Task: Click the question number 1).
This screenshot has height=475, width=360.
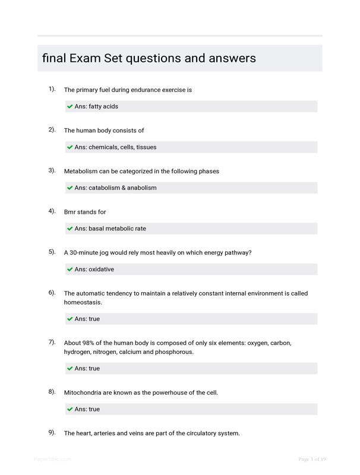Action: click(52, 89)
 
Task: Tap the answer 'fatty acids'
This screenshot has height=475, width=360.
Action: click(103, 107)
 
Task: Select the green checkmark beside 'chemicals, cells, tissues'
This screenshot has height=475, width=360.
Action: click(70, 147)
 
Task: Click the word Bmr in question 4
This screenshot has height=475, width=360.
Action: click(70, 212)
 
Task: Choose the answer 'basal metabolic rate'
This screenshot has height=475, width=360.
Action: click(117, 229)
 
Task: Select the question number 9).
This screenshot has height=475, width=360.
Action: click(52, 432)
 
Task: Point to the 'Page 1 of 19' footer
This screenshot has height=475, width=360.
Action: click(312, 459)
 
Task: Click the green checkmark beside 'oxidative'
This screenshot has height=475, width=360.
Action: click(70, 270)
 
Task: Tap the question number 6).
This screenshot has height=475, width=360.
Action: click(52, 293)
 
